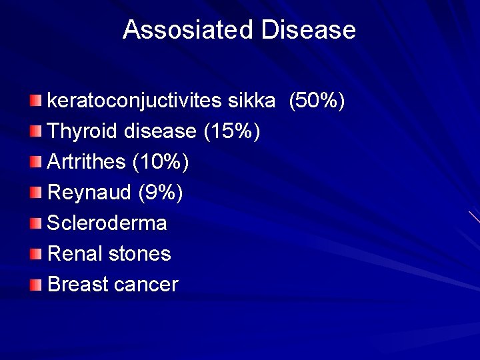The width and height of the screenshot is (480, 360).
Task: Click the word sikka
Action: point(251,101)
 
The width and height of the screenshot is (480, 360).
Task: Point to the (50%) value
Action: point(316,101)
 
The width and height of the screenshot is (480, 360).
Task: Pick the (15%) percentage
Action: point(231,131)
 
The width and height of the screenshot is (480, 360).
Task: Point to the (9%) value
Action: point(160,193)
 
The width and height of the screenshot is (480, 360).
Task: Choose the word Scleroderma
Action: point(107,223)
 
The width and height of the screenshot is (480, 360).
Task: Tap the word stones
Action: point(139,253)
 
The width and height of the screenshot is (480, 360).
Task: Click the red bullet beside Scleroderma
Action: point(35,223)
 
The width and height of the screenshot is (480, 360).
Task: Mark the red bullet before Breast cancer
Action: point(35,285)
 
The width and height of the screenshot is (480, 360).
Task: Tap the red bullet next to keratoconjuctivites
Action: point(35,101)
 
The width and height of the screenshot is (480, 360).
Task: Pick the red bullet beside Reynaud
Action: point(35,193)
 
